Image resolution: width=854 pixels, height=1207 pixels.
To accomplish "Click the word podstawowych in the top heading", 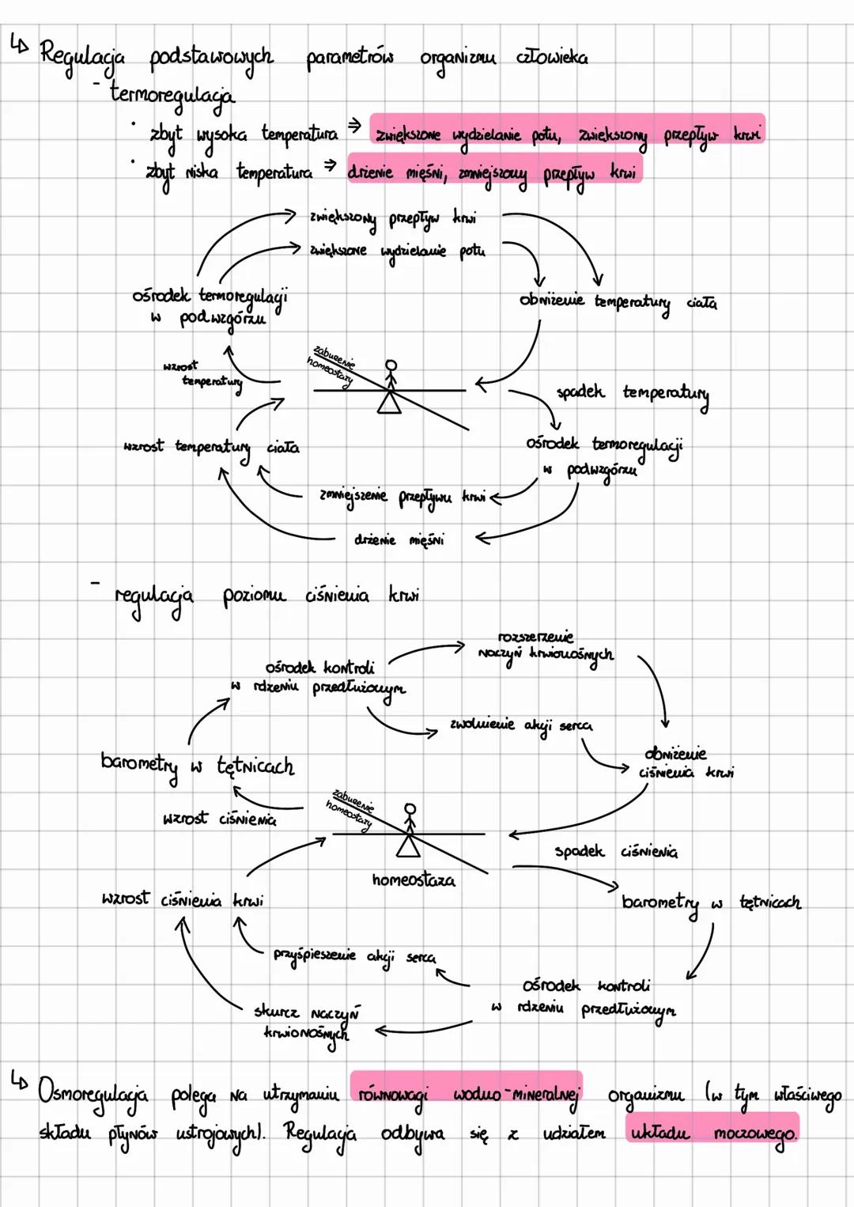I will coord(211,58).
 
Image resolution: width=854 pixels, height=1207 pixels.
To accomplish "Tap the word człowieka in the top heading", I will coord(552,57).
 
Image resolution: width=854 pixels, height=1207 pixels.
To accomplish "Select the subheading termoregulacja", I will coord(172,95).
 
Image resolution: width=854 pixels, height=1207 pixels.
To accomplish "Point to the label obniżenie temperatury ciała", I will coord(618,302).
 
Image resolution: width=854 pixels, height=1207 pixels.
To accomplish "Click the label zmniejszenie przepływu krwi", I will coord(402,496).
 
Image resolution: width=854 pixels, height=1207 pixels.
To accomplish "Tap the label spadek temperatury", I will coord(632,393).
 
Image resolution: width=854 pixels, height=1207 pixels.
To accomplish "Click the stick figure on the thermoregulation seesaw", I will coord(391,373).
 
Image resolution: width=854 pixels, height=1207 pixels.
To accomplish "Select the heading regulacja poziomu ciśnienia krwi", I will coord(266,596).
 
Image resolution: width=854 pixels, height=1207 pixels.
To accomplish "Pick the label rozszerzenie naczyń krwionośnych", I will coord(545,647).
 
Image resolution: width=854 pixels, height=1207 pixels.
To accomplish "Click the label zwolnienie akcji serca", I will coord(520,725).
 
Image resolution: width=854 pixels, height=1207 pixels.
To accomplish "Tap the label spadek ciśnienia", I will coord(615,852).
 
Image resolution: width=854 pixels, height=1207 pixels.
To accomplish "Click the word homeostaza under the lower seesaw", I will coord(414,880).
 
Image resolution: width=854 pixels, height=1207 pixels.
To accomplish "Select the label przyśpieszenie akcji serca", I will coord(353,955).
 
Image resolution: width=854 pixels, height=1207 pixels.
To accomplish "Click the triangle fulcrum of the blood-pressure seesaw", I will coord(408,847).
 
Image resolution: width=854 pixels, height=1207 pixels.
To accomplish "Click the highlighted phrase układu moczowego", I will coord(712,1132).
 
